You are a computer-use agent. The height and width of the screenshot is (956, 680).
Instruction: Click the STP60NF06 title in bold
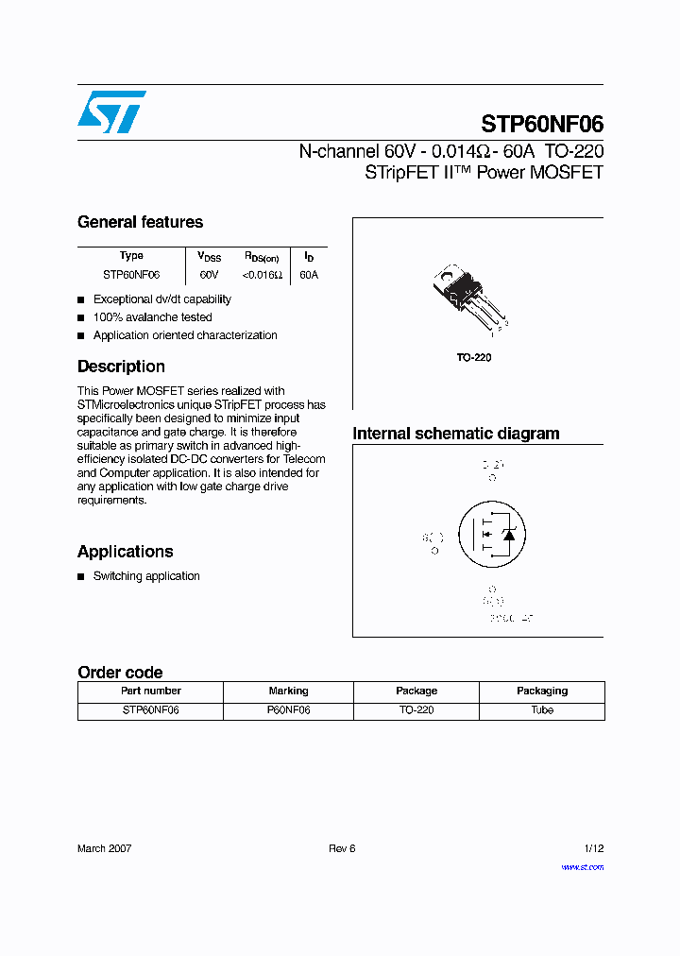542,125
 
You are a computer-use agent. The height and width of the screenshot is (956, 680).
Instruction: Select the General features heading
140,222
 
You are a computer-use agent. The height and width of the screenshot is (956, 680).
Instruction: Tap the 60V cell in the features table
209,275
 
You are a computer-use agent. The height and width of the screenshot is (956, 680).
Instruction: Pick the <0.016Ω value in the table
262,275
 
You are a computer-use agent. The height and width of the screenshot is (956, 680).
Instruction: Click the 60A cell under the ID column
309,275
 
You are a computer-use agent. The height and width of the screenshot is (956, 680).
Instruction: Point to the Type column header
131,256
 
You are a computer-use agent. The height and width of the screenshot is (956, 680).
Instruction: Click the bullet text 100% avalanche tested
152,317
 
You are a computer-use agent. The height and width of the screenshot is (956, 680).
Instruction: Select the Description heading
121,367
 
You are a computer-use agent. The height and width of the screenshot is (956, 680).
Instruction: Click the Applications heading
125,552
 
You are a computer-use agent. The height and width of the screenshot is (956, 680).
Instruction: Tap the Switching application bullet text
146,576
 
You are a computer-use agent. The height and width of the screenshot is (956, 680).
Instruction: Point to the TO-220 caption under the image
474,358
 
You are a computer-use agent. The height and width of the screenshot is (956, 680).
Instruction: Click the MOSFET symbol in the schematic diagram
490,535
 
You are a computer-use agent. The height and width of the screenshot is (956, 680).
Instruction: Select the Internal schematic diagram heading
455,434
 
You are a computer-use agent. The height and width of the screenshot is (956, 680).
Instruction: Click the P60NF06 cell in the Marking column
288,709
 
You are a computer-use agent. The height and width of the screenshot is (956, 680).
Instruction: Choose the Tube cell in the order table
542,709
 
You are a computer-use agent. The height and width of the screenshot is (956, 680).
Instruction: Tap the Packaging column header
542,691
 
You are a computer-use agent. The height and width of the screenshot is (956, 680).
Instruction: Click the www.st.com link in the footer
582,866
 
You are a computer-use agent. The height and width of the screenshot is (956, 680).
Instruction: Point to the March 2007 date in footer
104,848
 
